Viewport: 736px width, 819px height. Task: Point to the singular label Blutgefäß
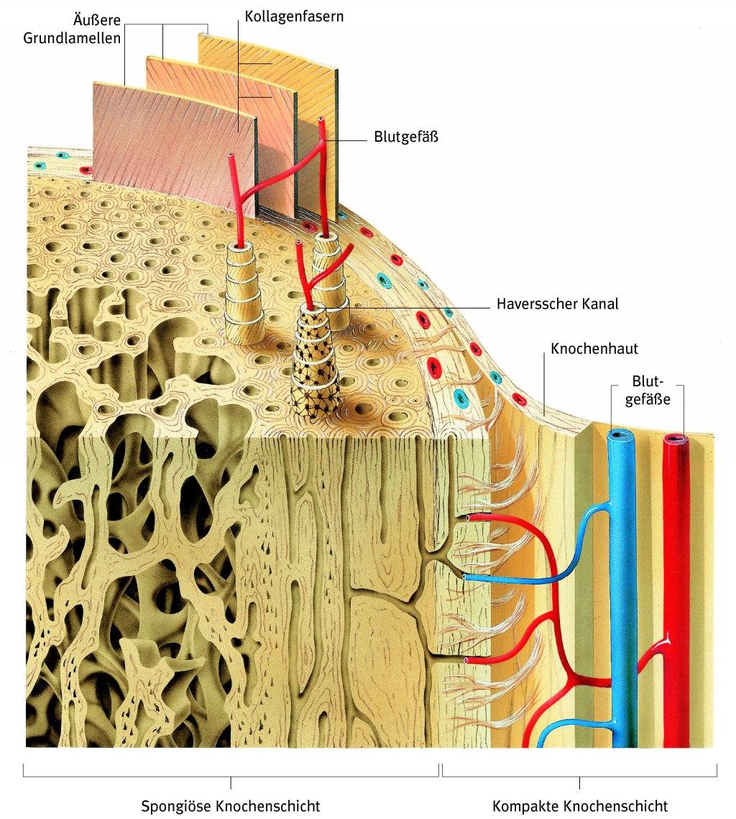[x=406, y=136]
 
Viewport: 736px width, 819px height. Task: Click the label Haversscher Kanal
[x=557, y=304]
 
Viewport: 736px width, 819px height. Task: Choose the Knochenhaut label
[x=594, y=349]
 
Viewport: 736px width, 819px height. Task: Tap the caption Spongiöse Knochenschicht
[x=230, y=805]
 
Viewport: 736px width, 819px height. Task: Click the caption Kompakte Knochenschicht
[x=580, y=805]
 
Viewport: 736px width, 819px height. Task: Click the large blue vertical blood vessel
[x=622, y=590]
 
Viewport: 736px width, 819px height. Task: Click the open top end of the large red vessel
[x=675, y=437]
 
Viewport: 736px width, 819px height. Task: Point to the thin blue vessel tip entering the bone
[x=467, y=577]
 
